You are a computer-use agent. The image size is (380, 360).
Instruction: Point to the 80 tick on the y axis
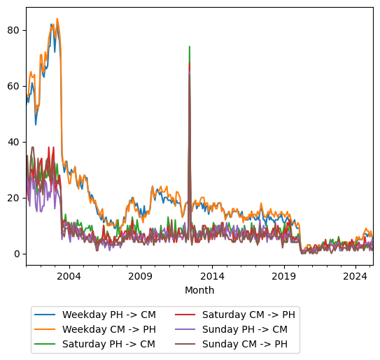click(16, 30)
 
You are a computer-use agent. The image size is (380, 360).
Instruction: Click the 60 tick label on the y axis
click(16, 86)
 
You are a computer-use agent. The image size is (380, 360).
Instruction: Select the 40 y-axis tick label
click(16, 142)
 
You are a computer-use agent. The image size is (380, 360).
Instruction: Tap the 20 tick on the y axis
click(16, 198)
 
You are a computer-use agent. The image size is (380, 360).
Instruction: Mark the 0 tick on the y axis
click(19, 254)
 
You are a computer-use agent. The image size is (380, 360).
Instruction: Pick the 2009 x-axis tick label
click(141, 277)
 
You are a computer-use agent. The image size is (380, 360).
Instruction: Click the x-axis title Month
click(199, 290)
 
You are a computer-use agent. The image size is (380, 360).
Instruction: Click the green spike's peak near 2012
click(190, 47)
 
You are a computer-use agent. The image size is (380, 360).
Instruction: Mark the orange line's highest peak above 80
click(57, 19)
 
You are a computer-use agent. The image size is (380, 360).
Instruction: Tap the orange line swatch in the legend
click(46, 329)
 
